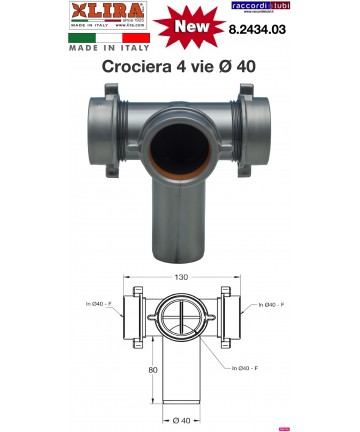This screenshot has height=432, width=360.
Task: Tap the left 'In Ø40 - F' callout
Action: [x=93, y=306]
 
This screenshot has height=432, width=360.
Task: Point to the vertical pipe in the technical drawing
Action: [x=181, y=375]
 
